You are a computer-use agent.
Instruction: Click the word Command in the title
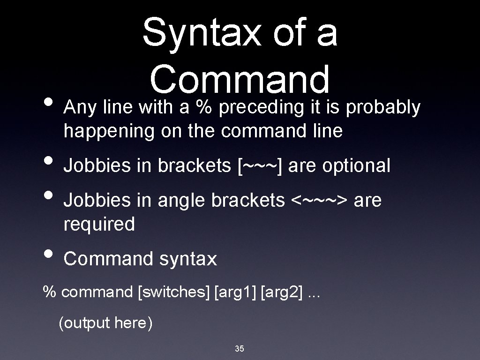pos(240,79)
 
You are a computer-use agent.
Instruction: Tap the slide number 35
pos(240,348)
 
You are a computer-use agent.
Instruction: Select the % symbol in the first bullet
pos(203,108)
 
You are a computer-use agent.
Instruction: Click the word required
pos(99,224)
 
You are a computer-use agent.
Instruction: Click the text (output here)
pos(105,323)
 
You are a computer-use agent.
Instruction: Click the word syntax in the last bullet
pos(188,259)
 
